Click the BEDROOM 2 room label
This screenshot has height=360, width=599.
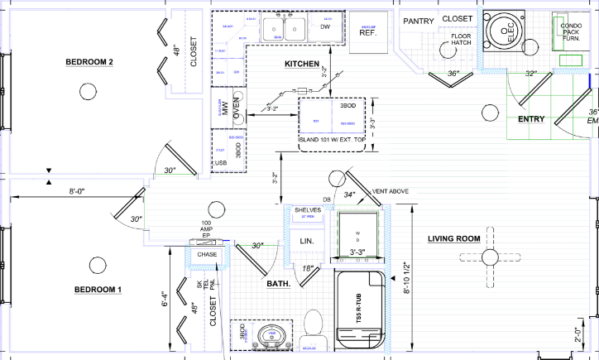coord(89,63)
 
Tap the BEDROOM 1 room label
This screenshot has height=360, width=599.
coord(98,289)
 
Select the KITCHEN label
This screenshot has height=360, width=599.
coord(302,64)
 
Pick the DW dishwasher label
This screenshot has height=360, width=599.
coord(325,27)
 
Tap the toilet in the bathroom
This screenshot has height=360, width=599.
coord(314,324)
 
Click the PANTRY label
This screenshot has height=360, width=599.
coord(419,21)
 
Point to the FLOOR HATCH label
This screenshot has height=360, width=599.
coord(461,41)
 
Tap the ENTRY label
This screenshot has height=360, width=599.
coord(530,119)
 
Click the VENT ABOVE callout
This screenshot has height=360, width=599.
coord(391,191)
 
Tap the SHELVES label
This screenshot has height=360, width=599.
coord(307,210)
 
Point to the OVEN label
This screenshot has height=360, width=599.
coord(237,108)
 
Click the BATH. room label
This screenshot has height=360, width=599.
coord(278,283)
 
